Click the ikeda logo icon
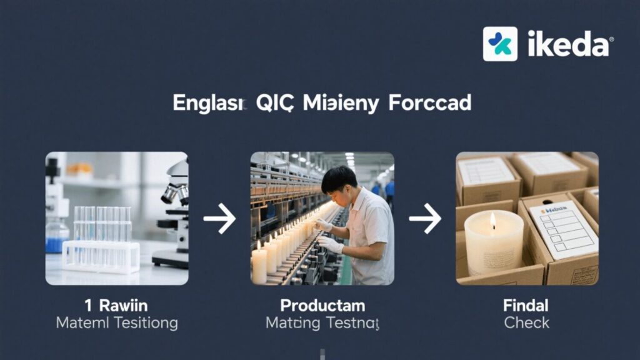pyautogui.click(x=500, y=44)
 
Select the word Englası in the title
pyautogui.click(x=210, y=103)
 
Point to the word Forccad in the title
pyautogui.click(x=429, y=103)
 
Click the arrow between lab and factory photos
pyautogui.click(x=219, y=218)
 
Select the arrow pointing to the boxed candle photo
pyautogui.click(x=425, y=218)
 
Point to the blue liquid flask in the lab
pyautogui.click(x=57, y=240)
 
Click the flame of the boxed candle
pyautogui.click(x=493, y=220)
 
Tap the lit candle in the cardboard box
pyautogui.click(x=493, y=244)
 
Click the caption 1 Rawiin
pyautogui.click(x=116, y=306)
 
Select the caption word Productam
pyautogui.click(x=322, y=306)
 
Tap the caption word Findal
pyautogui.click(x=526, y=306)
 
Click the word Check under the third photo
pyautogui.click(x=526, y=323)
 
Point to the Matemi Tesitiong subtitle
pyautogui.click(x=116, y=323)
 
